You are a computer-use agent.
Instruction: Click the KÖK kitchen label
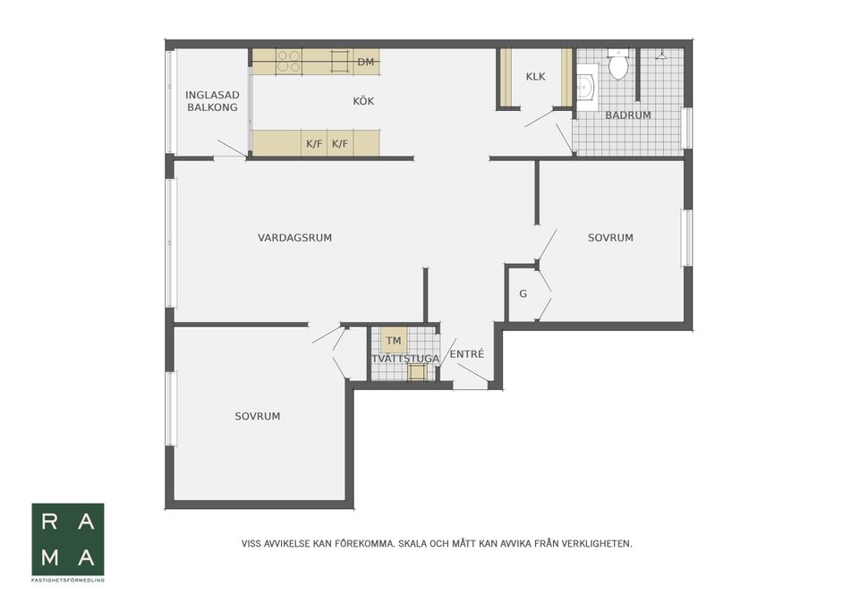pyautogui.click(x=363, y=101)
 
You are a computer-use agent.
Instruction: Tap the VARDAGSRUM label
pyautogui.click(x=294, y=238)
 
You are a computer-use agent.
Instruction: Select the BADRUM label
pyautogui.click(x=628, y=115)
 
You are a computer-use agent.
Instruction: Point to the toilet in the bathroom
pyautogui.click(x=618, y=64)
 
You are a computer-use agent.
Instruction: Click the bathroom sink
pyautogui.click(x=585, y=87)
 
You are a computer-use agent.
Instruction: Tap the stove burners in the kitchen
pyautogui.click(x=288, y=62)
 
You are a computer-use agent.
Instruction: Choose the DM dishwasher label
pyautogui.click(x=366, y=63)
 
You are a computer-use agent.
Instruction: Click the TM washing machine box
pyautogui.click(x=394, y=341)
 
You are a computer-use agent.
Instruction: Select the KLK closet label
pyautogui.click(x=535, y=77)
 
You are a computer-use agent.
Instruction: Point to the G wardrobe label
pyautogui.click(x=523, y=294)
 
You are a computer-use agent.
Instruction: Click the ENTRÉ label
pyautogui.click(x=467, y=354)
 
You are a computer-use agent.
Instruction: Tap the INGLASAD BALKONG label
pyautogui.click(x=212, y=101)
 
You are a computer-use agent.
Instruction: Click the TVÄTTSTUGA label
pyautogui.click(x=405, y=359)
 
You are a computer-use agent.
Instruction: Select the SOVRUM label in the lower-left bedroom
pyautogui.click(x=258, y=416)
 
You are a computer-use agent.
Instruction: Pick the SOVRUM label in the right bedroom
pyautogui.click(x=610, y=238)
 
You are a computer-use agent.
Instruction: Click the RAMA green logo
pyautogui.click(x=68, y=540)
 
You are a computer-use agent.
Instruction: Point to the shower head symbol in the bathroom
pyautogui.click(x=662, y=55)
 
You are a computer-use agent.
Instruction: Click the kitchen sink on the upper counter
pyautogui.click(x=340, y=62)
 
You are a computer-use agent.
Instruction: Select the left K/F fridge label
pyautogui.click(x=314, y=144)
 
